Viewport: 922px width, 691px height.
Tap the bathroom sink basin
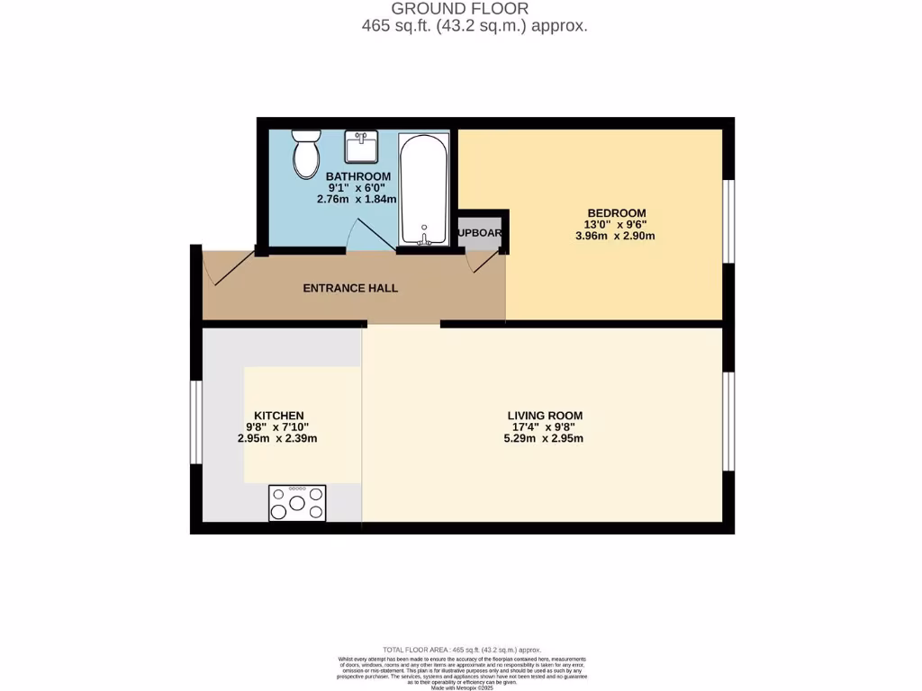tap(360, 145)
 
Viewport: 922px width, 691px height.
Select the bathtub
tap(422, 190)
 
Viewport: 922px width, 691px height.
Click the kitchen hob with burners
tap(297, 503)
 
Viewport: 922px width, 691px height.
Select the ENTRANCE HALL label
tap(350, 288)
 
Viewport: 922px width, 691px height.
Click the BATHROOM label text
tap(357, 176)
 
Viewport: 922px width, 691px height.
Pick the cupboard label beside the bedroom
tap(481, 232)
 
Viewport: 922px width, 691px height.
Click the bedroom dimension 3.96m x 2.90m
tap(615, 237)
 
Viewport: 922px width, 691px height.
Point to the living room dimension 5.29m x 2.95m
tap(544, 439)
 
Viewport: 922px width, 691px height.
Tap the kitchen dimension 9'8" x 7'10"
tap(277, 427)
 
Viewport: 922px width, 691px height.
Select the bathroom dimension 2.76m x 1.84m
tap(357, 200)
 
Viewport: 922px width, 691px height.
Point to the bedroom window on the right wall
tap(729, 221)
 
